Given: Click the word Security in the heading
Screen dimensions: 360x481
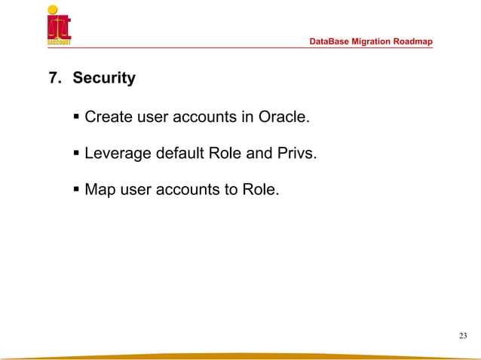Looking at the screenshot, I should (x=104, y=78).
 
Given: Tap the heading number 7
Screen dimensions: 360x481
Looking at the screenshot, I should (x=54, y=78).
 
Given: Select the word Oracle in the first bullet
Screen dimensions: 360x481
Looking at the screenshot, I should (x=284, y=117).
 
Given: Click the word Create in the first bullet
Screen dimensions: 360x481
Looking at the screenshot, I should (x=109, y=117).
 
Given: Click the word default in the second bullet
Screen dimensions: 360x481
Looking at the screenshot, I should (x=181, y=154).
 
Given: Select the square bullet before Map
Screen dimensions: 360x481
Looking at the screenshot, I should (x=77, y=190).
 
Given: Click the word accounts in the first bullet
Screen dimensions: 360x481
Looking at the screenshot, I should (x=205, y=117).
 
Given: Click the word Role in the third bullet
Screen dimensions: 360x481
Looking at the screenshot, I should (x=261, y=191).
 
